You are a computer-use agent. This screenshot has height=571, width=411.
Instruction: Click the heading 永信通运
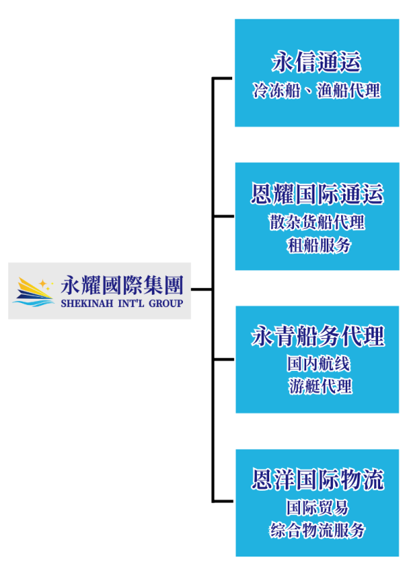click(x=316, y=63)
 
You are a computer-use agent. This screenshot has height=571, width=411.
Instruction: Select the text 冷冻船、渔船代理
click(x=316, y=90)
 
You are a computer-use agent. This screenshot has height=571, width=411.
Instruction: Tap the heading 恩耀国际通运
click(x=316, y=195)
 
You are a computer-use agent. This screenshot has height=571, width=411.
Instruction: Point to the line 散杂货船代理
click(x=316, y=223)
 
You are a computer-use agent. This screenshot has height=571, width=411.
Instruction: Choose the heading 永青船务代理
click(x=316, y=336)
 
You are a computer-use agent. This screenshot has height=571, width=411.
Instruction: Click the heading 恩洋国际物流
click(x=316, y=479)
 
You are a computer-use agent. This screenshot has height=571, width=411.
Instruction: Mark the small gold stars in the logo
click(x=45, y=282)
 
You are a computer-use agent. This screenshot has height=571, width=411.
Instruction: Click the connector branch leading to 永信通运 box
click(x=224, y=78)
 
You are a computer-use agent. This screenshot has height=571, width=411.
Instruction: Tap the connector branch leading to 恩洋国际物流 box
click(x=224, y=500)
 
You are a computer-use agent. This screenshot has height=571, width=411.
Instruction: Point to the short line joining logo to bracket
click(x=202, y=289)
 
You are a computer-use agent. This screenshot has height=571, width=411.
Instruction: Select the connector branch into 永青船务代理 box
click(x=224, y=359)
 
